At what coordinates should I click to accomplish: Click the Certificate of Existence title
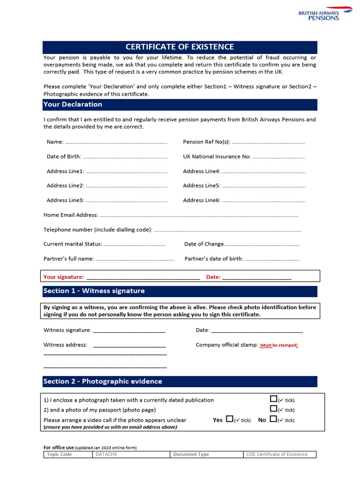[180, 47]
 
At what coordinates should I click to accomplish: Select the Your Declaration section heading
[73, 104]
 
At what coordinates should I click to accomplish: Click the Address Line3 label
[65, 200]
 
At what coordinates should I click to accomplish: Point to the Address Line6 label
[202, 200]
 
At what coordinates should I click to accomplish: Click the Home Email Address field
[199, 215]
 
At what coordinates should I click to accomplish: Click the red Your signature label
[64, 277]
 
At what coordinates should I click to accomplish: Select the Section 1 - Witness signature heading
[94, 291]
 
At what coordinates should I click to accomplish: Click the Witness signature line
[129, 330]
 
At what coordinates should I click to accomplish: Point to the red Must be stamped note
[279, 345]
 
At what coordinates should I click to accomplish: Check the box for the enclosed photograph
[273, 399]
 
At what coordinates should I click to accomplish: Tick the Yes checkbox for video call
[230, 419]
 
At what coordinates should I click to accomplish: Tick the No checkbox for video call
[273, 419]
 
